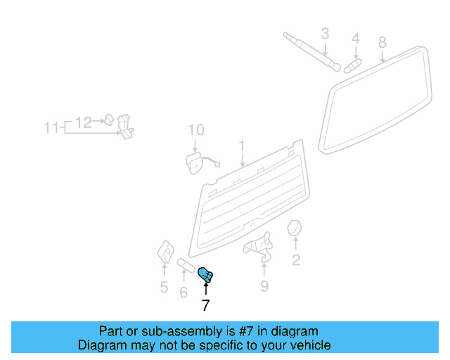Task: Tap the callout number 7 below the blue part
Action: tap(205, 305)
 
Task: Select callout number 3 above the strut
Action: tap(325, 33)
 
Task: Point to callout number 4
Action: tap(356, 38)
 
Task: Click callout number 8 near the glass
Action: tap(382, 42)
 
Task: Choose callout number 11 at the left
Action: tap(51, 128)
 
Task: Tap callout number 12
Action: tap(84, 122)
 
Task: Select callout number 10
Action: tap(195, 130)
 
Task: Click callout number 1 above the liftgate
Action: tap(241, 146)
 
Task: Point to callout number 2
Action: tap(296, 261)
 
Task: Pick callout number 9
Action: tap(264, 285)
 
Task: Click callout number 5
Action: tap(164, 287)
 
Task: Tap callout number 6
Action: tap(184, 292)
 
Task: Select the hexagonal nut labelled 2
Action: tap(295, 229)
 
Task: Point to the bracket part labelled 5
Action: tap(165, 251)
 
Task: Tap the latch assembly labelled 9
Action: tap(259, 245)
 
